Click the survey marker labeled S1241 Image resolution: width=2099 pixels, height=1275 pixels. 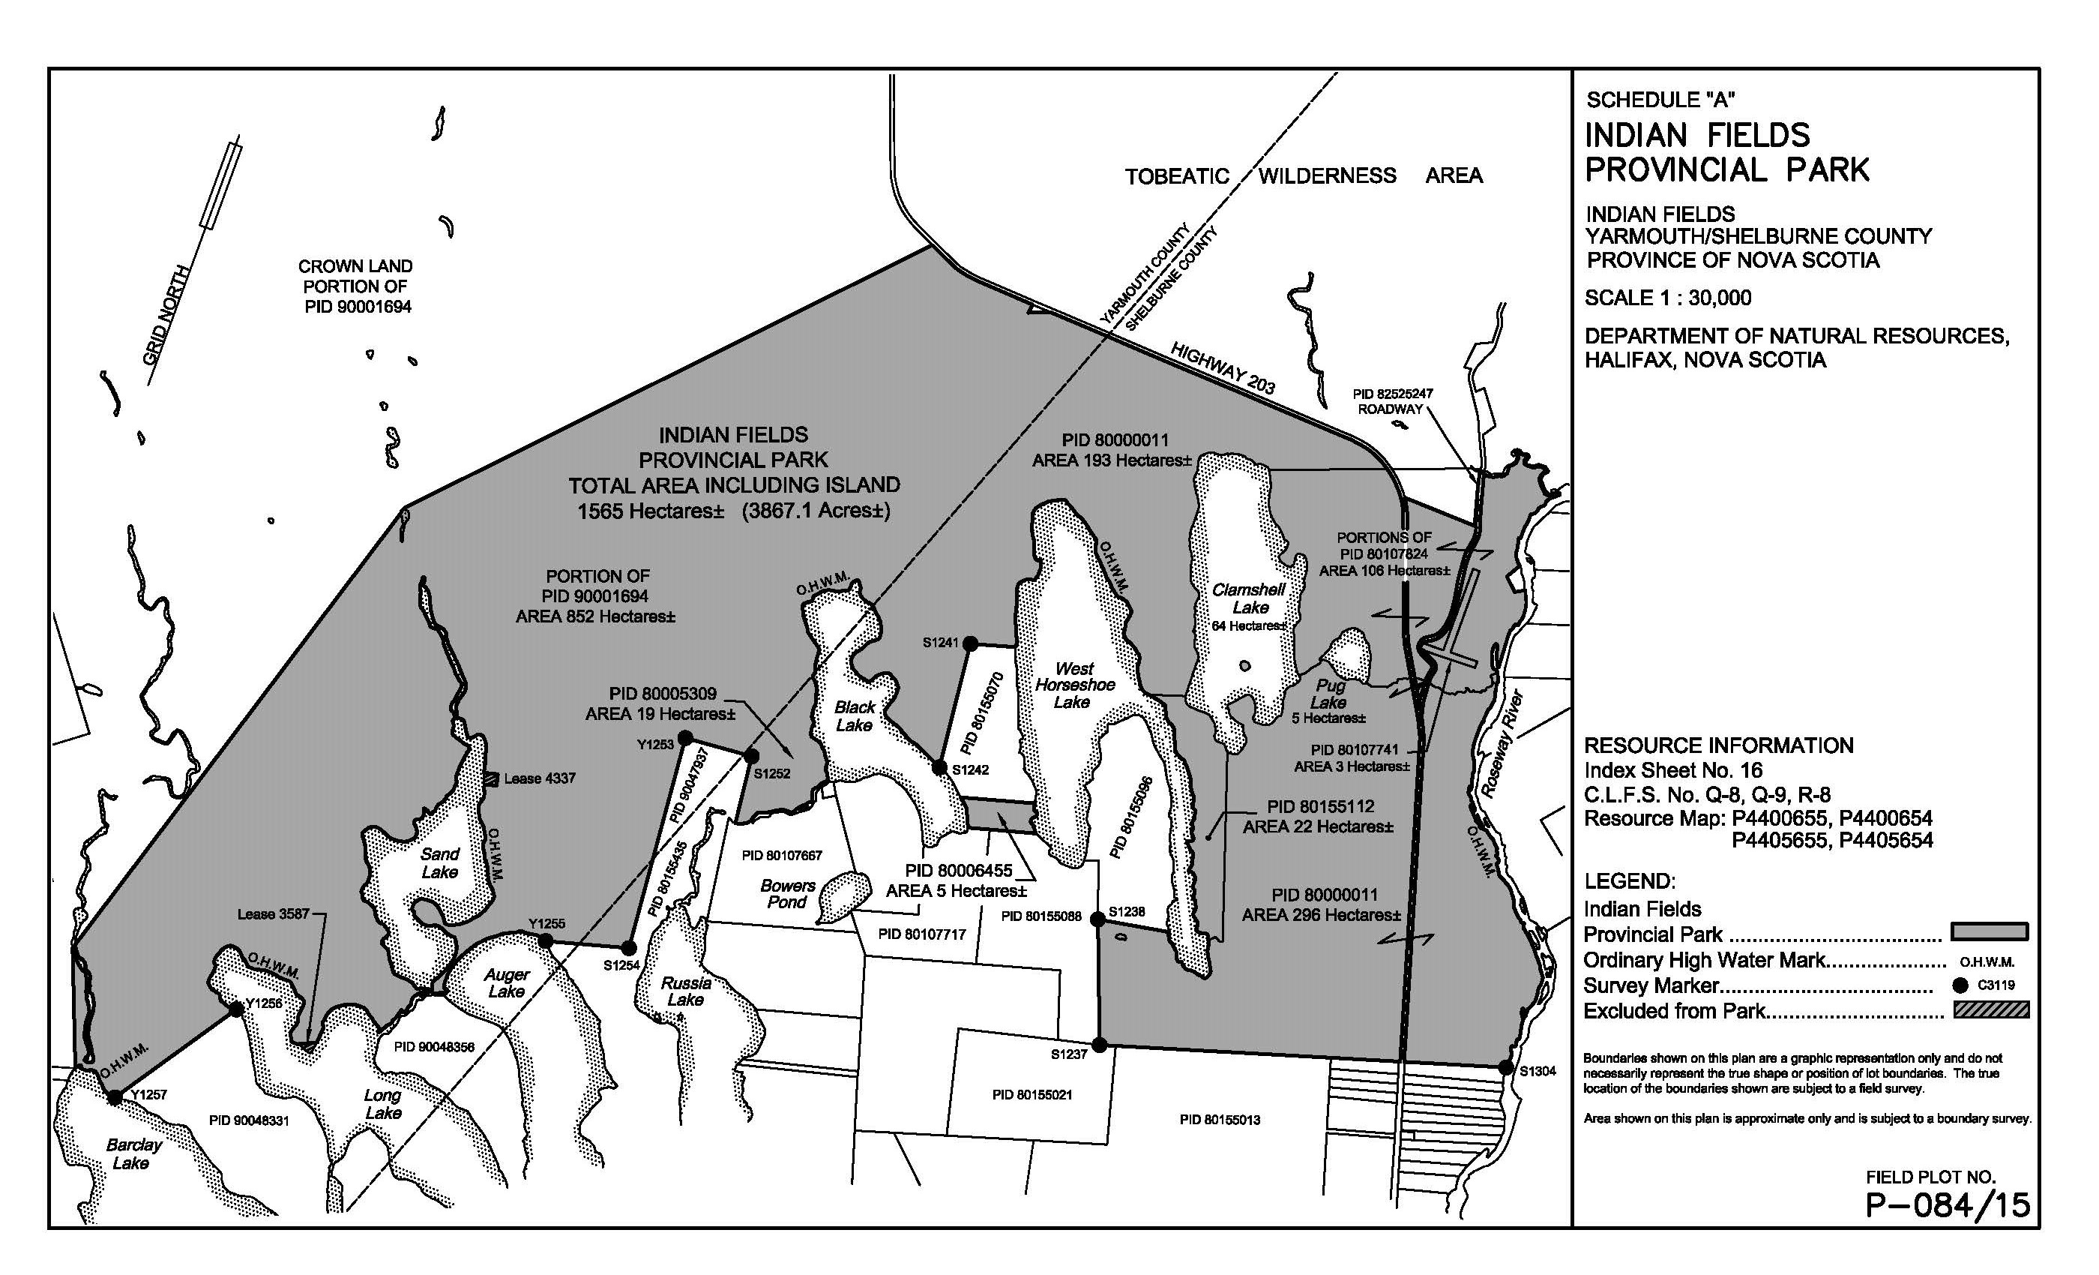pos(969,644)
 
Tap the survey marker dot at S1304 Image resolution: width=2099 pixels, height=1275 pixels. pos(1505,1068)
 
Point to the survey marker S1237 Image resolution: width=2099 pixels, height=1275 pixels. pos(1100,1045)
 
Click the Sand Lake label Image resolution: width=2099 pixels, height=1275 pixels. pos(439,862)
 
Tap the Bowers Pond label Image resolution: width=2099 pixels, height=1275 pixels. pos(787,894)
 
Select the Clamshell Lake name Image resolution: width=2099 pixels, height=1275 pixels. pos(1249,598)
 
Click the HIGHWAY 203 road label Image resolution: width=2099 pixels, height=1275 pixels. pos(1223,368)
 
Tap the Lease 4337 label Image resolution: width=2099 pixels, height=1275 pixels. pos(539,778)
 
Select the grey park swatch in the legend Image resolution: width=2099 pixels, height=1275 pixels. pos(1989,931)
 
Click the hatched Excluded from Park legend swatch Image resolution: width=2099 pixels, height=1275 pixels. pos(1989,1010)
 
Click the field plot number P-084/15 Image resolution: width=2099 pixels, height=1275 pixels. pos(1948,1205)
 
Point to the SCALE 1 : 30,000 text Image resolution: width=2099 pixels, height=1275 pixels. pos(1667,298)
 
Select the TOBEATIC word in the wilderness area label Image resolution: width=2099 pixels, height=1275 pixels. pos(1176,176)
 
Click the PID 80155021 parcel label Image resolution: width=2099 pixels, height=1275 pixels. pos(1032,1094)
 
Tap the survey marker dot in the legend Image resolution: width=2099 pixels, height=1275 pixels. pos(1961,985)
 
